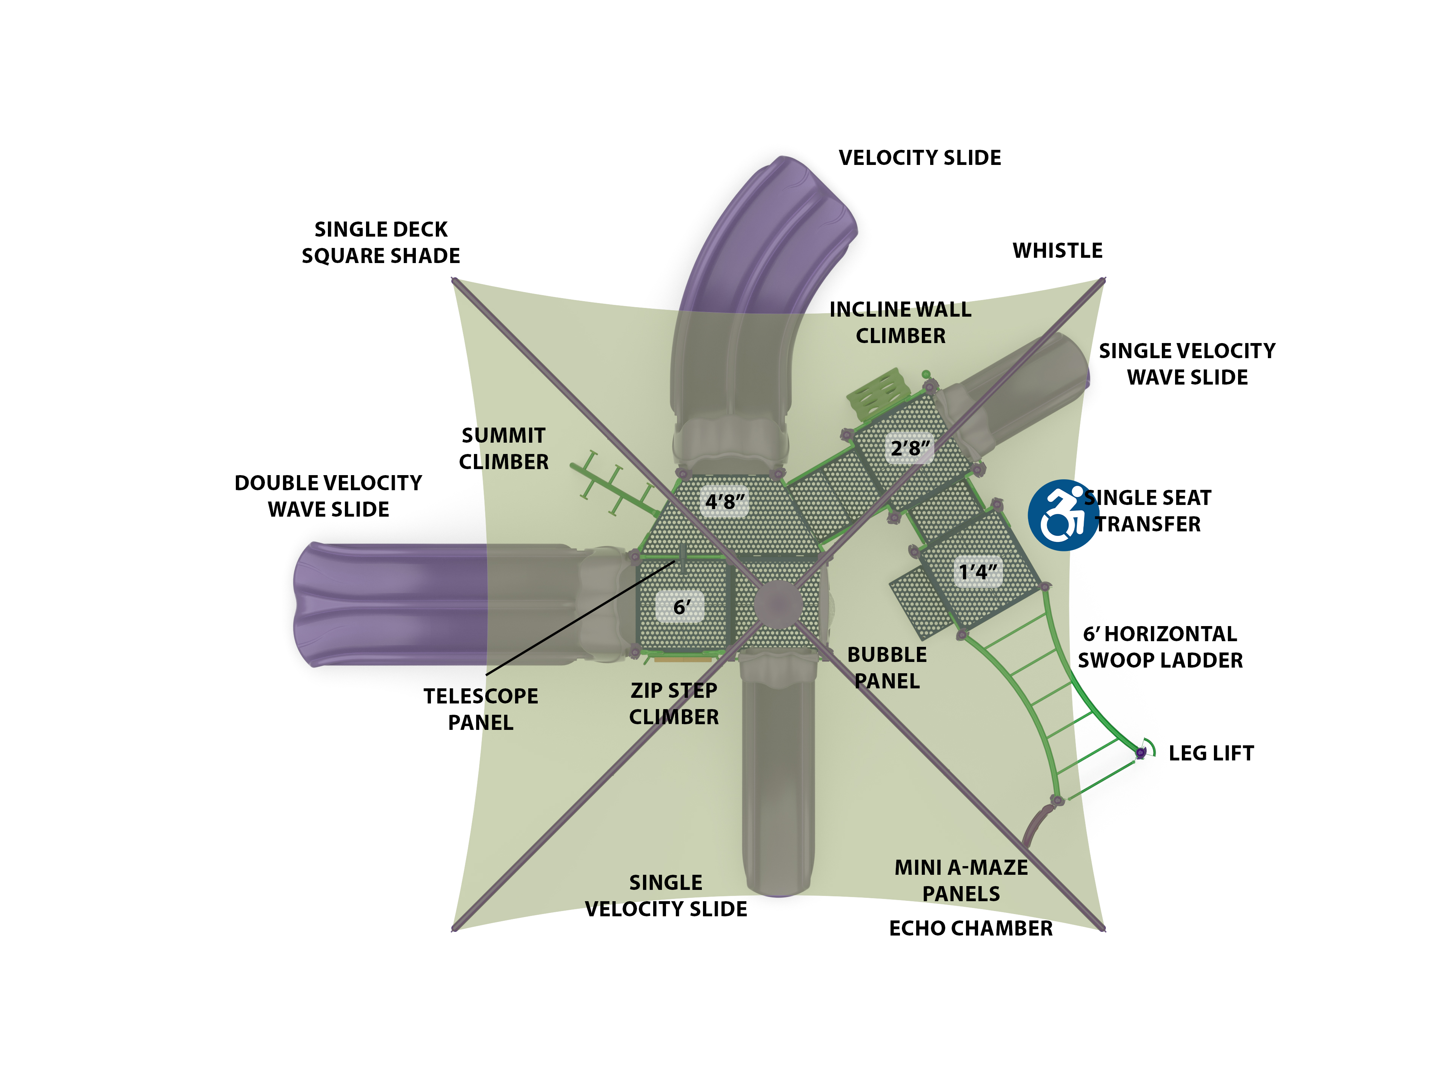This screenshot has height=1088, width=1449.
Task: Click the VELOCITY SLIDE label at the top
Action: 919,158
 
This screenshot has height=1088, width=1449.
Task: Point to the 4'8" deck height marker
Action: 724,502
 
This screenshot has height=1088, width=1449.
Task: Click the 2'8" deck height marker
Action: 909,449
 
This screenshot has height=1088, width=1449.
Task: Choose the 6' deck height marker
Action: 681,607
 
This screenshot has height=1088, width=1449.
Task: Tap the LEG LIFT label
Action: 1211,753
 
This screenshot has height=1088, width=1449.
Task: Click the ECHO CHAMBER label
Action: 970,928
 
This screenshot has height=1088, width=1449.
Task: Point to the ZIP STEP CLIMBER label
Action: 674,703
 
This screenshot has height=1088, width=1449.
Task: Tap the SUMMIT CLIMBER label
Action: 503,449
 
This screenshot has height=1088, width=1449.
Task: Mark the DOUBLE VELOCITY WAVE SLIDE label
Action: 328,496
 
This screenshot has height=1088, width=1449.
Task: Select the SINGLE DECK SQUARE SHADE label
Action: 381,242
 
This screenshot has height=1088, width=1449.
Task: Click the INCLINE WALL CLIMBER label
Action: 900,322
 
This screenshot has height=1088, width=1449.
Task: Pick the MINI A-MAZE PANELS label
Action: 961,880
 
